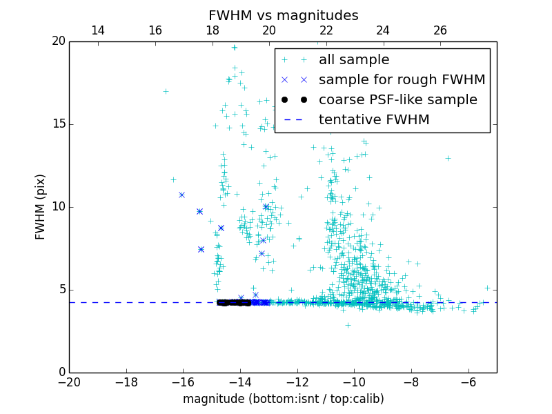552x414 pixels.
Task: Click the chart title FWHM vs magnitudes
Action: pos(283,15)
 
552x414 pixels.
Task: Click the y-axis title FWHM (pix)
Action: pos(41,207)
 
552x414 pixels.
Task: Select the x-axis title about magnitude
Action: pos(283,399)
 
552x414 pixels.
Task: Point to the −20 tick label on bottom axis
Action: pos(69,382)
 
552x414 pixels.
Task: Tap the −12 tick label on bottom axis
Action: pos(297,382)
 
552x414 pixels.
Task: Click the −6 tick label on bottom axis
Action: pos(469,382)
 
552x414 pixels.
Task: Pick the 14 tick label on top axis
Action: pos(98,30)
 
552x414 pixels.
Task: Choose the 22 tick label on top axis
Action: pos(326,30)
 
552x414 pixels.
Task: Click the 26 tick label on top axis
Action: pos(440,30)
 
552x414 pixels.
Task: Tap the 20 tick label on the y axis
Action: pos(58,41)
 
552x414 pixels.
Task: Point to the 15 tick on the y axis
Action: pos(58,124)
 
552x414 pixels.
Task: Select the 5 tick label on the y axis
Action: pos(61,290)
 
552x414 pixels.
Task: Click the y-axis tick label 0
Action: pos(61,373)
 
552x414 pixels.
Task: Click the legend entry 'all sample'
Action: pos(354,60)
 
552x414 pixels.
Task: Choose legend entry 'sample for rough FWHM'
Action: pos(402,80)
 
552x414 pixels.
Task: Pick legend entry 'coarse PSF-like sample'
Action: pos(397,100)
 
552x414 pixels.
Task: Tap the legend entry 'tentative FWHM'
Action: pos(374,120)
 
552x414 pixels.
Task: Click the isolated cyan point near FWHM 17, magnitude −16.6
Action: pos(166,91)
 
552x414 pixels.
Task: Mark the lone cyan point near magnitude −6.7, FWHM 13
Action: pos(448,158)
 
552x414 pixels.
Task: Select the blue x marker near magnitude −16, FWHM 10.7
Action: pos(181,195)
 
